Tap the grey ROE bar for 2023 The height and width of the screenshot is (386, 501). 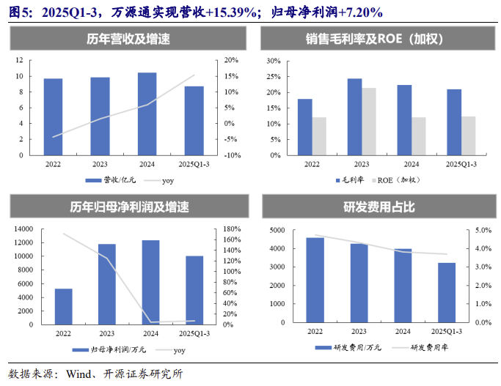click(369, 122)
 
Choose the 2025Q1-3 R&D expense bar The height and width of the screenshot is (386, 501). click(447, 292)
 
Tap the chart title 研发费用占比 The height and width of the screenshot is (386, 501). click(379, 207)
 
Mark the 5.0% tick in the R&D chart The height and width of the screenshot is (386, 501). click(482, 230)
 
